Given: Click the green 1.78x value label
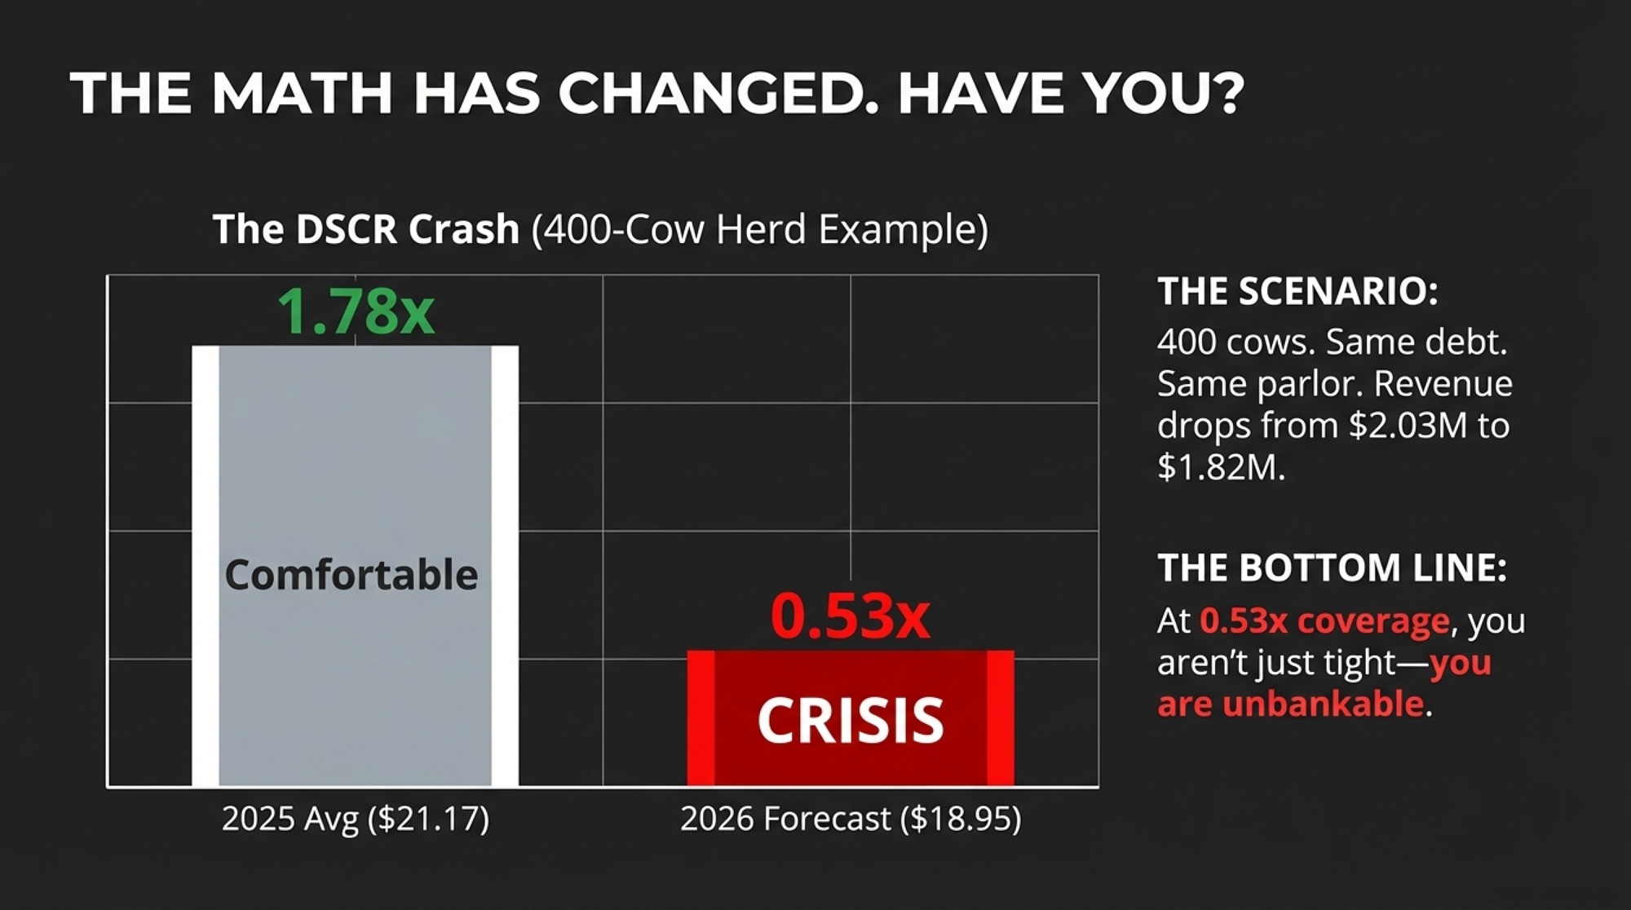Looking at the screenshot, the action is (x=356, y=311).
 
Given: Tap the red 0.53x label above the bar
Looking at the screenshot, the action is (x=850, y=616).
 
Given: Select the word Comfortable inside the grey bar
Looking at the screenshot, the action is (x=351, y=575).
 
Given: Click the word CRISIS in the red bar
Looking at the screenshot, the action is (x=851, y=720).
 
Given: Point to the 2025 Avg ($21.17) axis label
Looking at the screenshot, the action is (x=356, y=819).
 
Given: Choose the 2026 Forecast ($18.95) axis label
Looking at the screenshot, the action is (x=851, y=819).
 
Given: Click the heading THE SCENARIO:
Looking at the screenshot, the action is (x=1297, y=291).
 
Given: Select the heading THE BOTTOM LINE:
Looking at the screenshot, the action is (x=1332, y=568).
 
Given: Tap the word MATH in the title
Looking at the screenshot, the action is (x=302, y=92).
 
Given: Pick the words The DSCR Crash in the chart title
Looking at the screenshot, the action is (x=366, y=229).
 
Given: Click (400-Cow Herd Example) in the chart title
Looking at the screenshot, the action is (x=759, y=230).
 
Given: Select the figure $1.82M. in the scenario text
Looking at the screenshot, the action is (x=1221, y=468).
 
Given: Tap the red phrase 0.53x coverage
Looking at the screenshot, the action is (x=1325, y=621).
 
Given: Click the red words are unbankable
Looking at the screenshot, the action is (x=1291, y=704).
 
